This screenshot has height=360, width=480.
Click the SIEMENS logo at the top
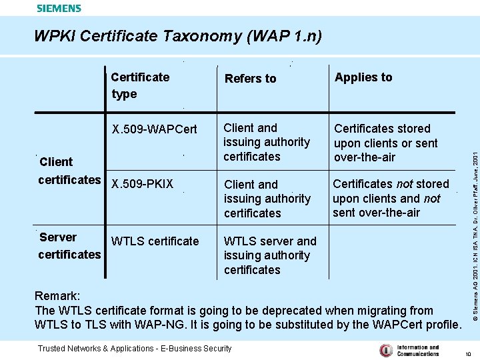pyautogui.click(x=59, y=8)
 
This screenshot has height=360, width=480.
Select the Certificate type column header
pyautogui.click(x=140, y=85)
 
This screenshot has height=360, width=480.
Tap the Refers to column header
pyautogui.click(x=250, y=79)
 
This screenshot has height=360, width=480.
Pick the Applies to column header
pyautogui.click(x=363, y=77)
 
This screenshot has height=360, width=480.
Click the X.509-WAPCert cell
pyautogui.click(x=155, y=129)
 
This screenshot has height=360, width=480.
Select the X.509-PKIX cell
pyautogui.click(x=142, y=184)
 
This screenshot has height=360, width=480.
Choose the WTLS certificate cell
pyautogui.click(x=155, y=241)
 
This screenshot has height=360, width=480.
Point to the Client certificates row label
pyautogui.click(x=69, y=171)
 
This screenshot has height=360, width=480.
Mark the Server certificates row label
pyautogui.click(x=69, y=245)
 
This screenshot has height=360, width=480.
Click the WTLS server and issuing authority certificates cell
pyautogui.click(x=270, y=255)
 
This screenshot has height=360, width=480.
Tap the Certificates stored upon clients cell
pyautogui.click(x=385, y=143)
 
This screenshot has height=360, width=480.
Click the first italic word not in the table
pyautogui.click(x=404, y=184)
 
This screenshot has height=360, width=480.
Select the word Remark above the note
pyautogui.click(x=57, y=295)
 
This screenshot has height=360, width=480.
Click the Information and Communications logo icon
pyautogui.click(x=385, y=350)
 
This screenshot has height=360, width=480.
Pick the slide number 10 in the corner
pyautogui.click(x=469, y=354)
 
